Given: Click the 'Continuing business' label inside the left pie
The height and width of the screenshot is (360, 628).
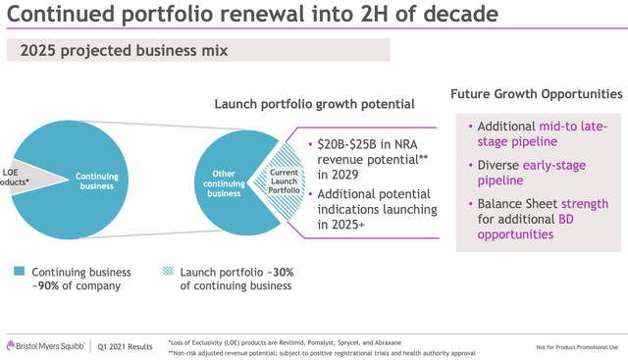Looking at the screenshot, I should [x=99, y=179].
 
